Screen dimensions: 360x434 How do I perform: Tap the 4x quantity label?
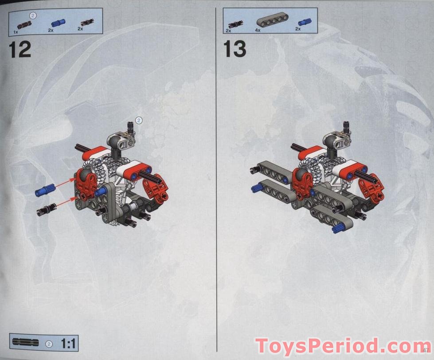pos(258,30)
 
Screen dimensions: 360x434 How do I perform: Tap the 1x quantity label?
pos(16,32)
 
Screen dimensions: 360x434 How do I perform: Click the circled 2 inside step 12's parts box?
pos(33,15)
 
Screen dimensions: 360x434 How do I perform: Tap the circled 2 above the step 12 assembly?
pos(138,120)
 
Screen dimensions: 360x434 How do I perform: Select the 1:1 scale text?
pos(69,343)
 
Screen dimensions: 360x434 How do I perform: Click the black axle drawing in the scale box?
pos(26,343)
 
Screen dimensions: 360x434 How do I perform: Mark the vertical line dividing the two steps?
pos(216,177)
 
